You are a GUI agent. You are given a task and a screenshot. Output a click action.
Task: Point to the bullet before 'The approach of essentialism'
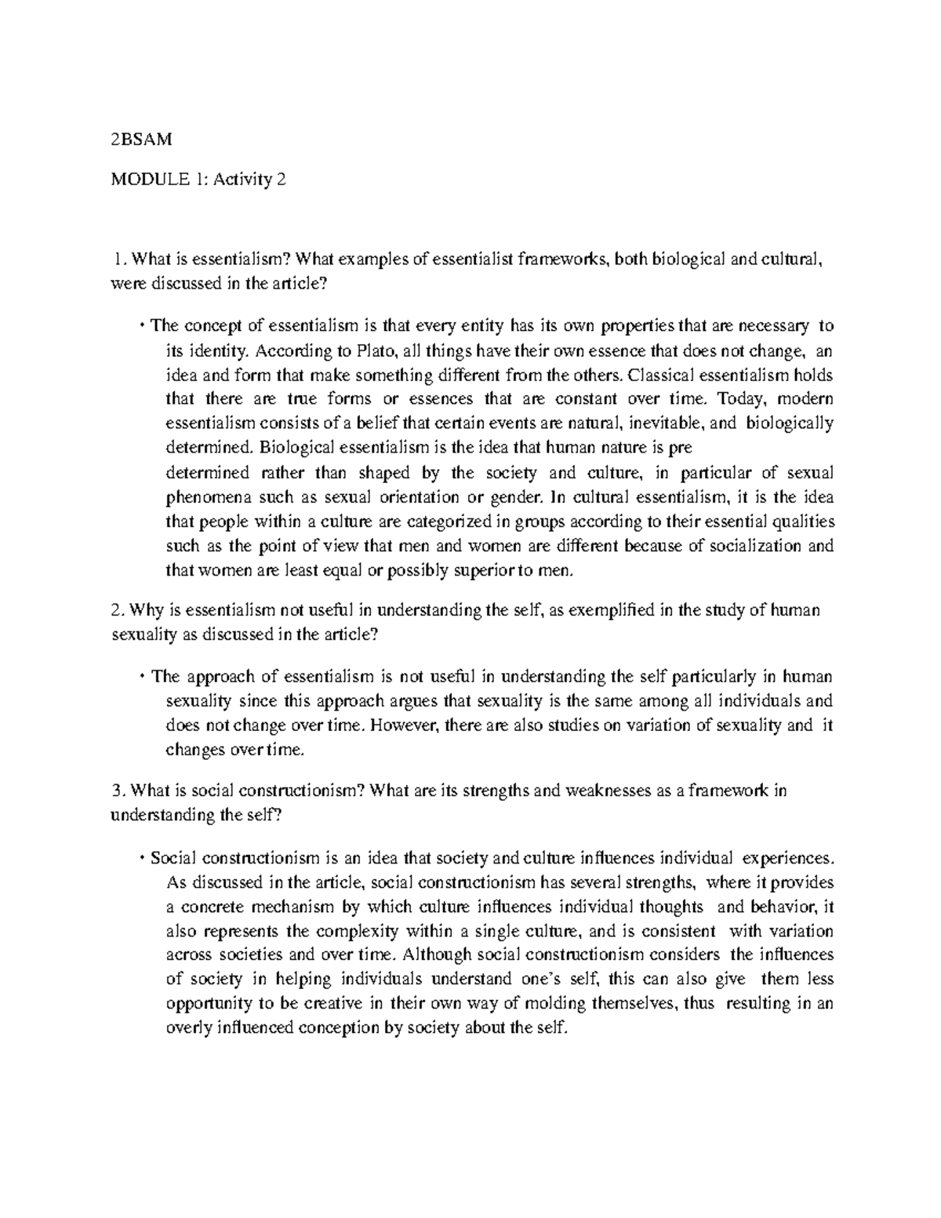pyautogui.click(x=143, y=677)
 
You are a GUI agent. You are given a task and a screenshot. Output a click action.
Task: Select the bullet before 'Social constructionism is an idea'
pyautogui.click(x=143, y=856)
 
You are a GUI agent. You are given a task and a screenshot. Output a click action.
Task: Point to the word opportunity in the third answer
pyautogui.click(x=207, y=1004)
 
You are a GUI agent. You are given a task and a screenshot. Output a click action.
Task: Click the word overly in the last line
pyautogui.click(x=187, y=1028)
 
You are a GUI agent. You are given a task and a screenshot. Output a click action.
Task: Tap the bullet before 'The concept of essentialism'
pyautogui.click(x=143, y=325)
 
